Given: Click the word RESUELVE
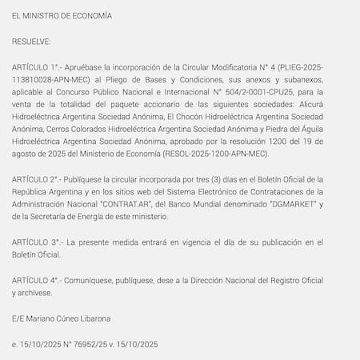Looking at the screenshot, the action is tap(31, 40).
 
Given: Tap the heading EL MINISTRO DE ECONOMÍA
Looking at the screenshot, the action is tap(62, 16).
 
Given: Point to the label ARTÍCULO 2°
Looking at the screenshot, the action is tap(36, 179).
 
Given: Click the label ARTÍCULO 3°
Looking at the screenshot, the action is tap(36, 241).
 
